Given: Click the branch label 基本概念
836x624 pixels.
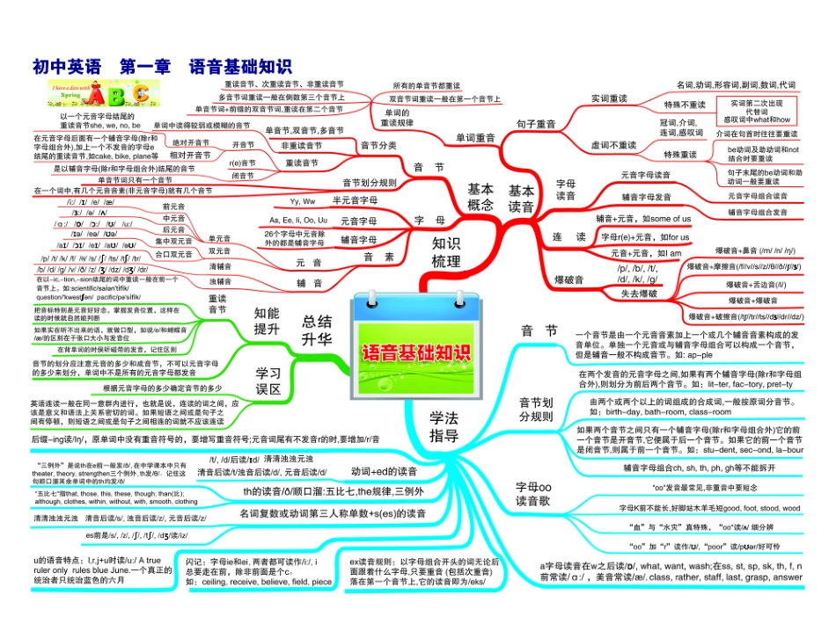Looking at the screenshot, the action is point(480,198).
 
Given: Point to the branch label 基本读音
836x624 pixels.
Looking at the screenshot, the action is point(521,198).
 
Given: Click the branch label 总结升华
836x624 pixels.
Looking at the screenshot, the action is point(317,330).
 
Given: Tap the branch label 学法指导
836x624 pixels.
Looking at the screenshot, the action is point(444,426).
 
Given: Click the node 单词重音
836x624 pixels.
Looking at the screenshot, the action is point(474,137).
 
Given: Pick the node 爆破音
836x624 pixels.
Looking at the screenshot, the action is point(569,279).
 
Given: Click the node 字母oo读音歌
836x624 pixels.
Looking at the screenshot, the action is point(533,493).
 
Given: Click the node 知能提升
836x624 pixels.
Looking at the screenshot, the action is point(267,320).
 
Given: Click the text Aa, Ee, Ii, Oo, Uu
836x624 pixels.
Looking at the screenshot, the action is point(298,219).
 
